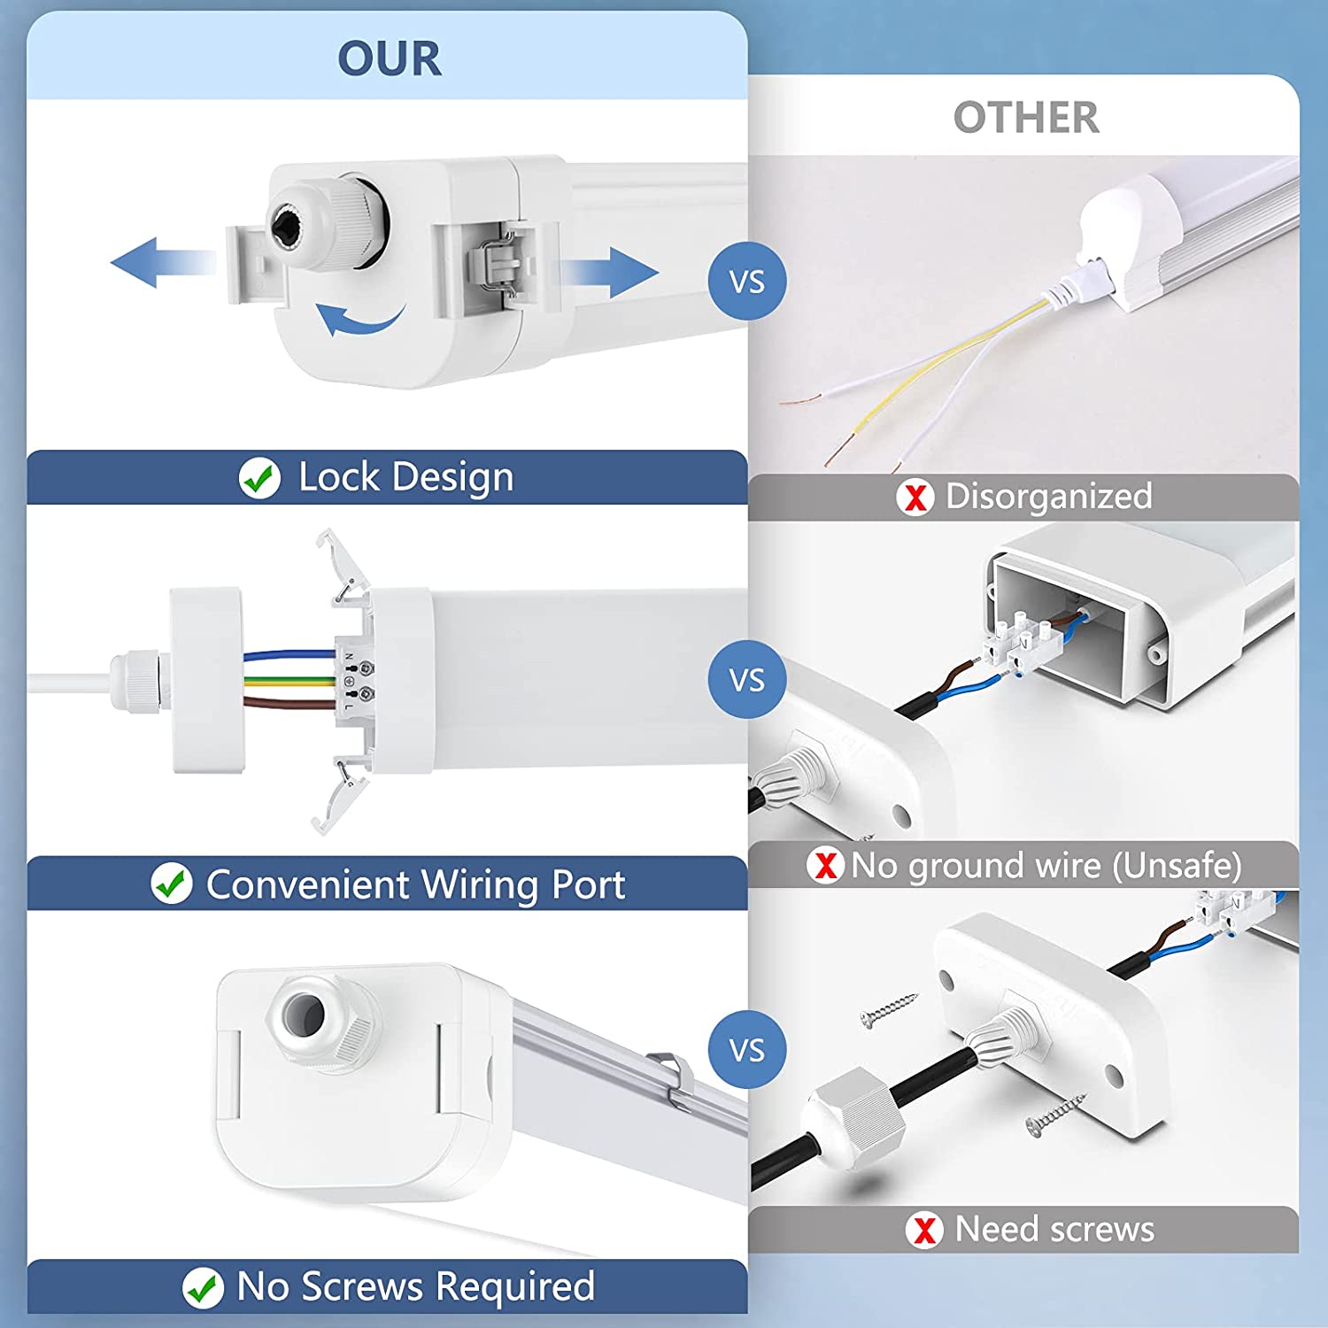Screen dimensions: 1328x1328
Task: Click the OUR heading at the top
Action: coord(389,58)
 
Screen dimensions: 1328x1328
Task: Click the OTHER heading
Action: coord(1026,118)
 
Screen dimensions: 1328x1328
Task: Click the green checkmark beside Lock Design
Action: coord(259,478)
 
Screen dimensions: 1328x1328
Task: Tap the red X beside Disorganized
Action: coord(915,497)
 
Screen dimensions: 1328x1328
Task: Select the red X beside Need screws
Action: coord(924,1230)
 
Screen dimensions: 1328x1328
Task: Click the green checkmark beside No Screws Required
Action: coord(203,1288)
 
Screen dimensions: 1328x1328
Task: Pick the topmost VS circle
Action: coord(746,282)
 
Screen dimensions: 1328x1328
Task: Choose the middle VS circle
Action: coord(746,679)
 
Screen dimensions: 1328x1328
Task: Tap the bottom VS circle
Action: coord(746,1050)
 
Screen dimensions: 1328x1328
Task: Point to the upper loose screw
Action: coord(888,1009)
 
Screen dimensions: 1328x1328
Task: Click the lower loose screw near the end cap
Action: coord(1055,1115)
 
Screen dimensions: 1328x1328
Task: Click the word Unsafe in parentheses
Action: coord(1177,865)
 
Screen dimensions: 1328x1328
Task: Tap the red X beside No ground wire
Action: coord(825,865)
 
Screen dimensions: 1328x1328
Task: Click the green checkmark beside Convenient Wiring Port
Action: coord(171,884)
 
